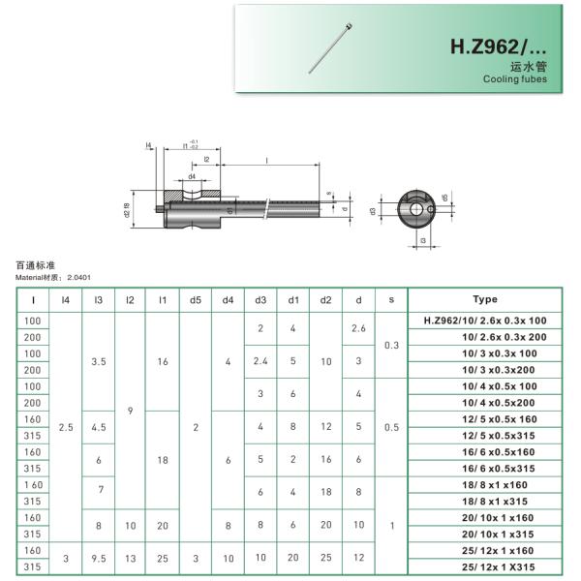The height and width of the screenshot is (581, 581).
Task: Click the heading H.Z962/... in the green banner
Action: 498,46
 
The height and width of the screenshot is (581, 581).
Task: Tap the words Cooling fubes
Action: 514,79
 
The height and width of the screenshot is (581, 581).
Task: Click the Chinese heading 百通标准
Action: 36,264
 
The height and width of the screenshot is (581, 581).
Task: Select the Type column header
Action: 484,300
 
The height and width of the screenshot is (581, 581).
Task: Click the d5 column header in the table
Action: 196,300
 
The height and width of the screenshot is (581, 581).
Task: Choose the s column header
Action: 390,300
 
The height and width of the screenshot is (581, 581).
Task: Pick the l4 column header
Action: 66,300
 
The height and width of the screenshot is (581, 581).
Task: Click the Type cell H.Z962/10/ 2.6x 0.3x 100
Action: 485,320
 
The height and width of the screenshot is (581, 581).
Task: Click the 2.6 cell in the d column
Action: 358,328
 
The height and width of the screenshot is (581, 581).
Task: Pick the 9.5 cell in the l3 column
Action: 98,557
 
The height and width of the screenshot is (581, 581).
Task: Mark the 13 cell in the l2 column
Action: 130,557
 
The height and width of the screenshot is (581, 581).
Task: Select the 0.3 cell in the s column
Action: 390,345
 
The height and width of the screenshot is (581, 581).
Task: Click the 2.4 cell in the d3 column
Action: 260,361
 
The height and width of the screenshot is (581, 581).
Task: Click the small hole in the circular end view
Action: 417,208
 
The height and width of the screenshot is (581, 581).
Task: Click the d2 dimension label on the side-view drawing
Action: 127,210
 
